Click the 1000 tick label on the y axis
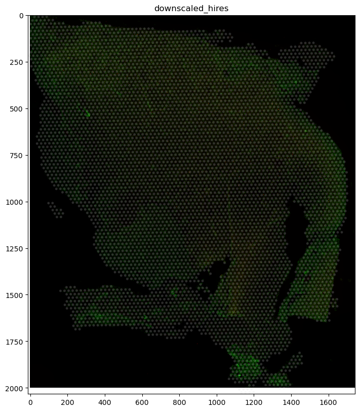point(17,202)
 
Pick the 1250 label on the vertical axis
point(17,248)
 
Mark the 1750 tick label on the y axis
point(17,342)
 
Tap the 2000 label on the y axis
point(17,388)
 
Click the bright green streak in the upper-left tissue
point(88,114)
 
